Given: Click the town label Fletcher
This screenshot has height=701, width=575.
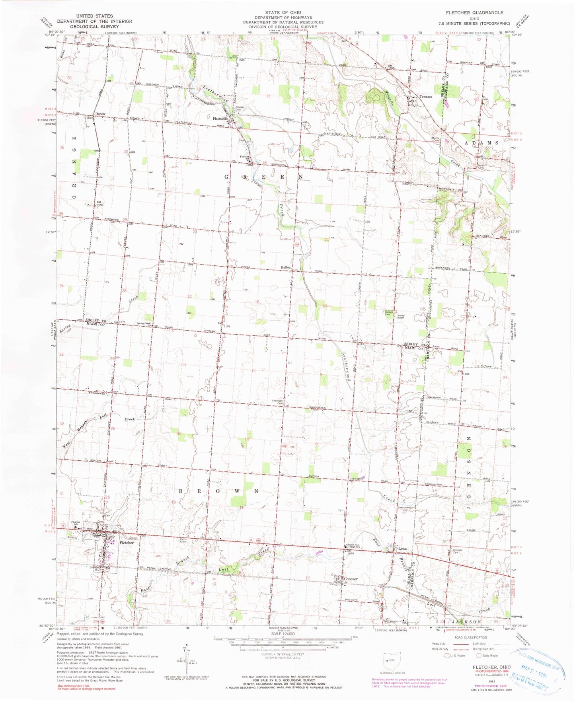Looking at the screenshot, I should coord(126,543).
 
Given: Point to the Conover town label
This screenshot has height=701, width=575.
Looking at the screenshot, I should coord(351,579).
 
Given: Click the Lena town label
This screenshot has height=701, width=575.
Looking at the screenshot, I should coord(402,549).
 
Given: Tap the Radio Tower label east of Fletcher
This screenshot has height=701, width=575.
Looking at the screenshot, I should coord(183,541).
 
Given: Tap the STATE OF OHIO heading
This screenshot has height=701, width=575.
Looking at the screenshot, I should coord(283,12).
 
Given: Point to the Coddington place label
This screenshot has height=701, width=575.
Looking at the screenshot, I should coord(356,479).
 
